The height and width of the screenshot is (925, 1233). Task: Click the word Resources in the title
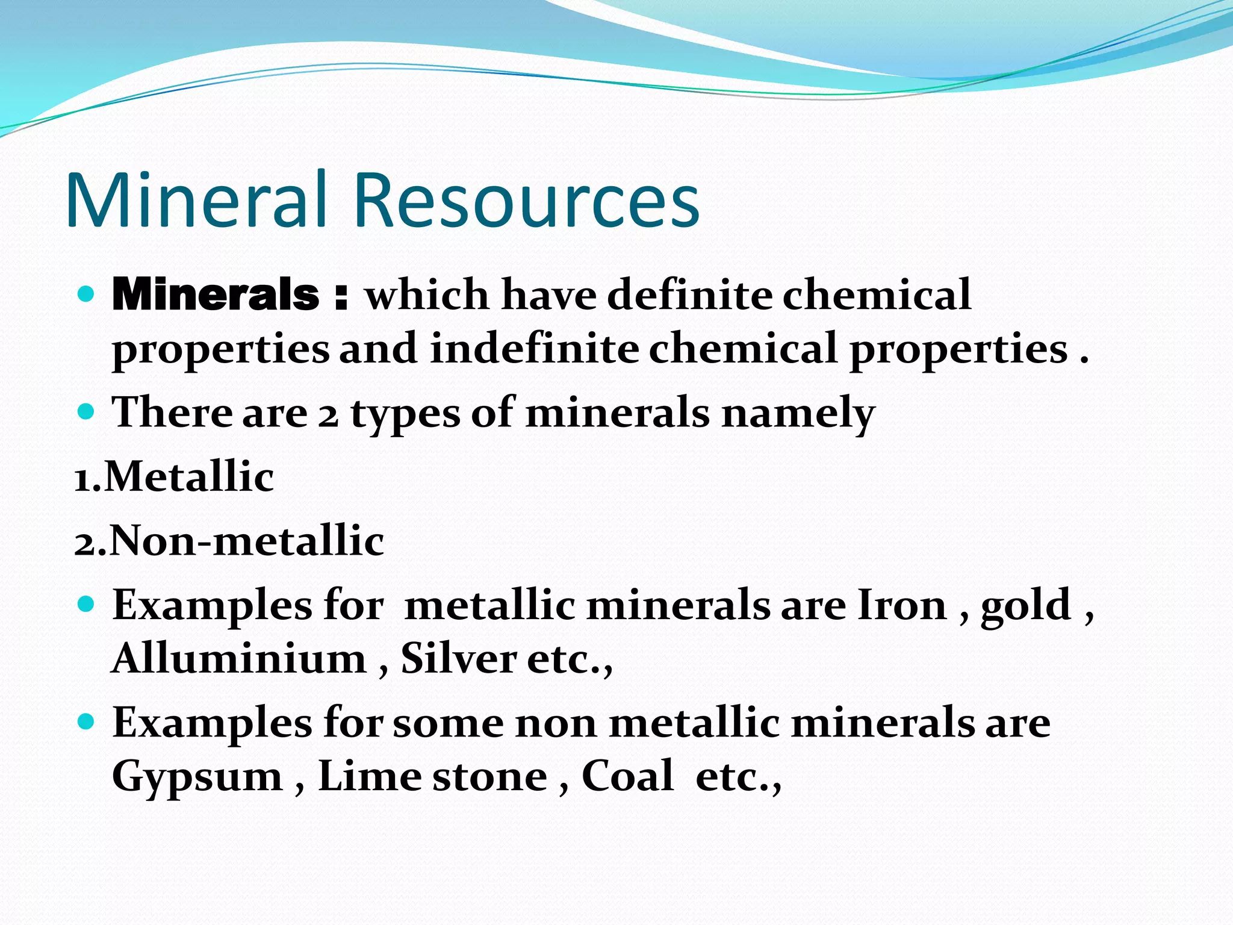coord(526,201)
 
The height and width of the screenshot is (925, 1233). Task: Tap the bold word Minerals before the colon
coord(216,295)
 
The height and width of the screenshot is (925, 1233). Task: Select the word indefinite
coord(534,349)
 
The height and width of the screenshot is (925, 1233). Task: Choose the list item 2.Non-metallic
coord(229,541)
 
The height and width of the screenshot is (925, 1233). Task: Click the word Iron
coord(901,605)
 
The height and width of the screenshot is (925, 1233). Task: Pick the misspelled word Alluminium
coord(239,658)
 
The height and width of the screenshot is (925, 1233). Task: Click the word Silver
coord(458,658)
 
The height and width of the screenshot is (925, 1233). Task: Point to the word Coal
coord(627,776)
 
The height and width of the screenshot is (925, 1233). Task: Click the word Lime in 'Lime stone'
coord(370,776)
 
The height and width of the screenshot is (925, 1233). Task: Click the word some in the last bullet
coord(448,723)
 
